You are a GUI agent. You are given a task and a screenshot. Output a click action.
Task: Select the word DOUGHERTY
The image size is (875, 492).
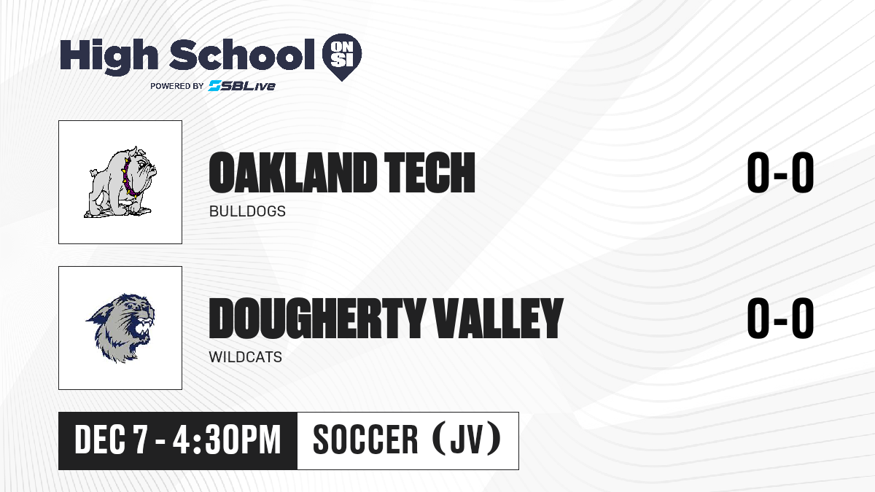(x=317, y=319)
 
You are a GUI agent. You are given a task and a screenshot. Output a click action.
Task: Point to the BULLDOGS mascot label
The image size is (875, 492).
(x=247, y=211)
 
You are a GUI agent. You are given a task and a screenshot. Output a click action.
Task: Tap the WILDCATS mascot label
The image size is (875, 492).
(x=245, y=357)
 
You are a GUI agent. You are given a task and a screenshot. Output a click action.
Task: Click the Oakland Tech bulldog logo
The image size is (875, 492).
(x=121, y=182)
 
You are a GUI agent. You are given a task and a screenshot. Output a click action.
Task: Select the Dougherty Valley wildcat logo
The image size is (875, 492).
(x=121, y=328)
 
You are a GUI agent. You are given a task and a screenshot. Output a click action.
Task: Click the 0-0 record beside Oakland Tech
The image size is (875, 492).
(x=780, y=173)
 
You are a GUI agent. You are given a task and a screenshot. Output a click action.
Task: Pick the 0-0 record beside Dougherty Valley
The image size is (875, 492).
(x=780, y=319)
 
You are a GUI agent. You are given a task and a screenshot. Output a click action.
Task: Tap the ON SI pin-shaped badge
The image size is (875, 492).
(x=342, y=57)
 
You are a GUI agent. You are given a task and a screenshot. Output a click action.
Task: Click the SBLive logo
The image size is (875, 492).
(x=242, y=85)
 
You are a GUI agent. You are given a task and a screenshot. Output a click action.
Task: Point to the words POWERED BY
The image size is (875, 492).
(x=177, y=86)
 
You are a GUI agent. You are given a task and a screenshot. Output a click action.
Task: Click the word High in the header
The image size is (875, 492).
(x=109, y=57)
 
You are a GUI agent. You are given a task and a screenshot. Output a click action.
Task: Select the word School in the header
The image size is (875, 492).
(x=242, y=54)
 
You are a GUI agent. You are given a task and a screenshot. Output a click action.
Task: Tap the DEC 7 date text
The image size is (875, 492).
(x=111, y=440)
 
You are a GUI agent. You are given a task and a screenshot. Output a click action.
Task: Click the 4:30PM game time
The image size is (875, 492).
(x=227, y=440)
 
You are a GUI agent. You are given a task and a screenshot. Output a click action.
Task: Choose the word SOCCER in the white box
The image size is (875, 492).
(x=365, y=440)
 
